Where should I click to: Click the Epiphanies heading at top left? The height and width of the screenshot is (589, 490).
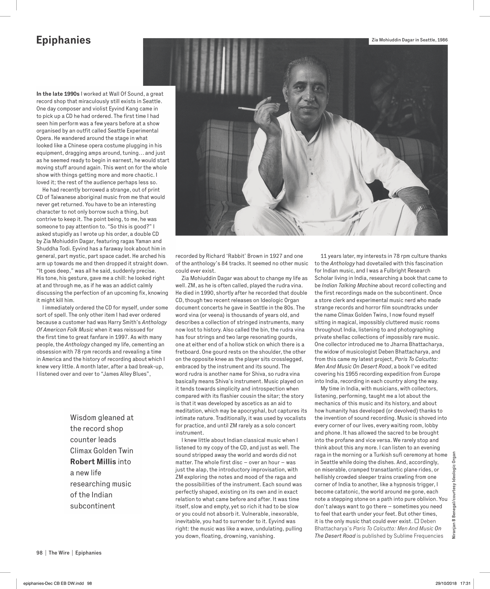(x=63, y=40)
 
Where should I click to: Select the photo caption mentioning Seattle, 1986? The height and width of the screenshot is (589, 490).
(x=409, y=40)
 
